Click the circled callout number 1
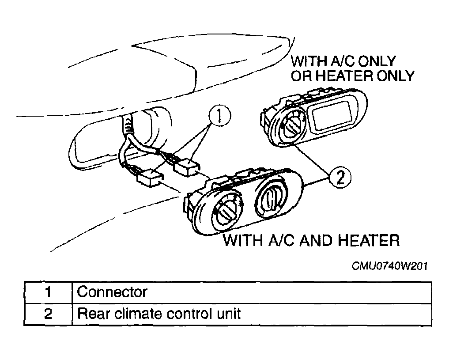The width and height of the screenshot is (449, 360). tap(219, 117)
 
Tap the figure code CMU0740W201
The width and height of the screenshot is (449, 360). tap(389, 266)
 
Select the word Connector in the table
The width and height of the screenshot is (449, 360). tap(112, 292)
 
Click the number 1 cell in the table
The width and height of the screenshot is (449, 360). tap(48, 292)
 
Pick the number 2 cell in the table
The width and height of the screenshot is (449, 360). tap(48, 314)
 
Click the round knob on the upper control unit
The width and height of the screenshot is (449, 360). tap(291, 124)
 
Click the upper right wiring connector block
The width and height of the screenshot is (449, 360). tap(187, 167)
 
